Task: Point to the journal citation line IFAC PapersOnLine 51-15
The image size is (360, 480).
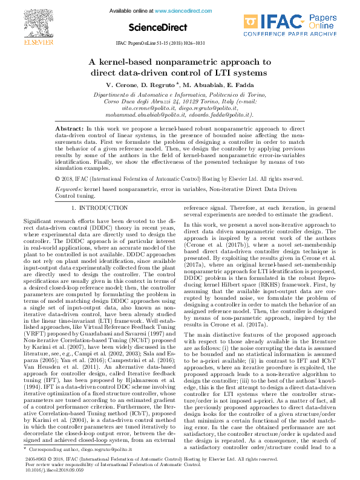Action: coord(180,44)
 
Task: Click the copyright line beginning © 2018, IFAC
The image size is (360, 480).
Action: coord(179,179)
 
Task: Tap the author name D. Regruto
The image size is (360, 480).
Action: coord(160,85)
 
